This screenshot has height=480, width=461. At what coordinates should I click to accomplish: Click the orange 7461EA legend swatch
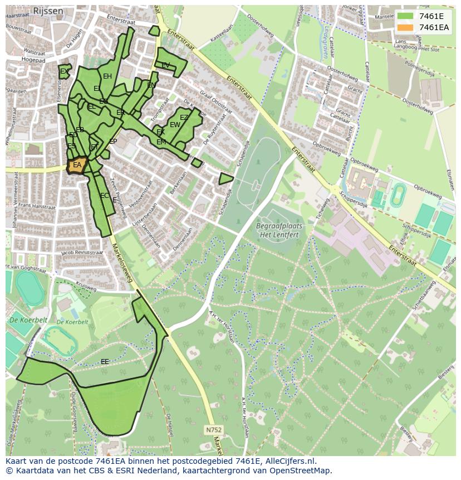click(x=406, y=27)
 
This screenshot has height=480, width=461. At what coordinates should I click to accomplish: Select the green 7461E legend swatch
click(x=406, y=16)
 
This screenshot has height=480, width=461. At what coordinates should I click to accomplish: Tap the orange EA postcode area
click(x=77, y=166)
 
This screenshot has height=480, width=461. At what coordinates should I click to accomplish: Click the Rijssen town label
click(x=47, y=11)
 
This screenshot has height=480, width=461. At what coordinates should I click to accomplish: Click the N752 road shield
click(x=213, y=430)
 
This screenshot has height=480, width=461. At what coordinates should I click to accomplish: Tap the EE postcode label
click(x=105, y=362)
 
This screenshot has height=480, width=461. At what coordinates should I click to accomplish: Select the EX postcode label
click(x=65, y=72)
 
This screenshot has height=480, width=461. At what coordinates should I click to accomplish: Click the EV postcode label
click(x=165, y=66)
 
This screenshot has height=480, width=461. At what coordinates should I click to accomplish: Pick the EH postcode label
click(x=107, y=76)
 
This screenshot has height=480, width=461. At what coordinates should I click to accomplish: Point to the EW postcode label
click(x=175, y=125)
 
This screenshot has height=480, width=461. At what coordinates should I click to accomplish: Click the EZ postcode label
click(x=184, y=118)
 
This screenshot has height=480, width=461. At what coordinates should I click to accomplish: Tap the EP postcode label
click(x=113, y=142)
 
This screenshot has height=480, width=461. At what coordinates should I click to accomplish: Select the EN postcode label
click(x=151, y=85)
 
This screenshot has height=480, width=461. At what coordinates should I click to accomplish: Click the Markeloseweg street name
click(x=122, y=262)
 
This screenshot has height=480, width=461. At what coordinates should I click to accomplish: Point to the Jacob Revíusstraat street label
click(x=82, y=253)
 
